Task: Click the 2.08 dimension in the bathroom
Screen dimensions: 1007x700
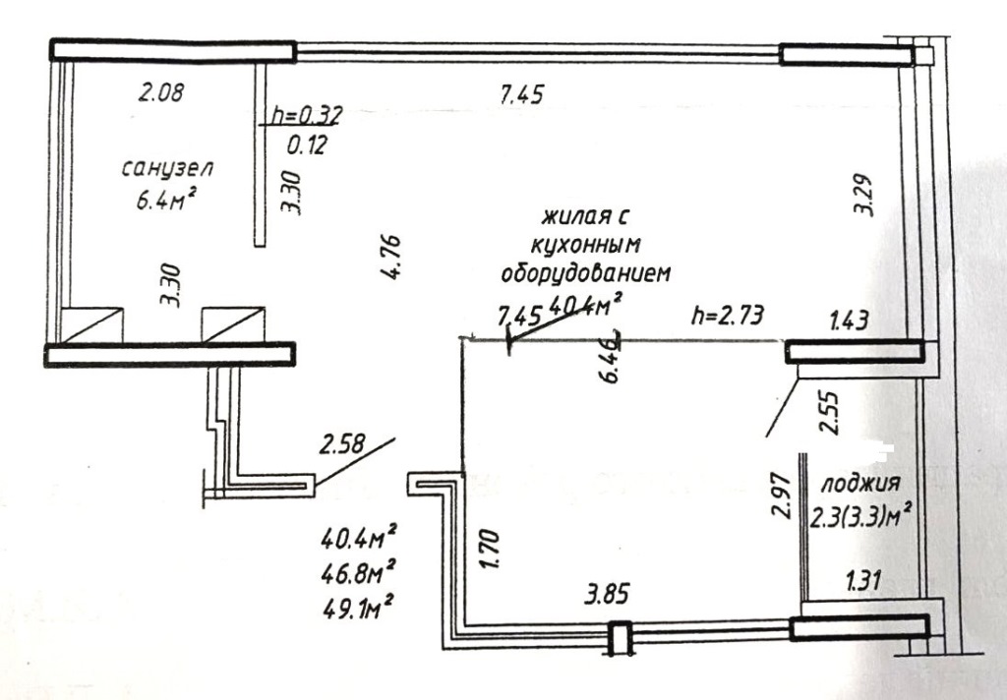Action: pyautogui.click(x=161, y=91)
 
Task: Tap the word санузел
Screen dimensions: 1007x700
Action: pyautogui.click(x=166, y=169)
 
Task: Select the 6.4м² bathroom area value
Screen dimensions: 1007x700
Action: pyautogui.click(x=165, y=201)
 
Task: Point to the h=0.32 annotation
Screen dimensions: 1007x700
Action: pyautogui.click(x=307, y=115)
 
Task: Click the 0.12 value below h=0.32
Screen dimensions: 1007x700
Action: pyautogui.click(x=307, y=146)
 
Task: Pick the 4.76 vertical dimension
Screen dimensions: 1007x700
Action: pyautogui.click(x=390, y=257)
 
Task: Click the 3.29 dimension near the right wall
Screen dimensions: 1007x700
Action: pyautogui.click(x=862, y=195)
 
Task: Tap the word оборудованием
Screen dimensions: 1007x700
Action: pyautogui.click(x=585, y=272)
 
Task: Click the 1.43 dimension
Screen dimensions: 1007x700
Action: pyautogui.click(x=849, y=320)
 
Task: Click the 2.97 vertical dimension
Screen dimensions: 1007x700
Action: pyautogui.click(x=780, y=496)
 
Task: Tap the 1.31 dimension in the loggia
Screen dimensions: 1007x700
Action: pyautogui.click(x=862, y=581)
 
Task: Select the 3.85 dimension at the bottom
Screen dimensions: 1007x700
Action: pyautogui.click(x=606, y=594)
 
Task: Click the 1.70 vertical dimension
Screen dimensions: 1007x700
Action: pyautogui.click(x=489, y=549)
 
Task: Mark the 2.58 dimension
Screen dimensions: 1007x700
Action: pyautogui.click(x=342, y=443)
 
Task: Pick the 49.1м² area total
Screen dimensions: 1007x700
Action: pyautogui.click(x=358, y=607)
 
